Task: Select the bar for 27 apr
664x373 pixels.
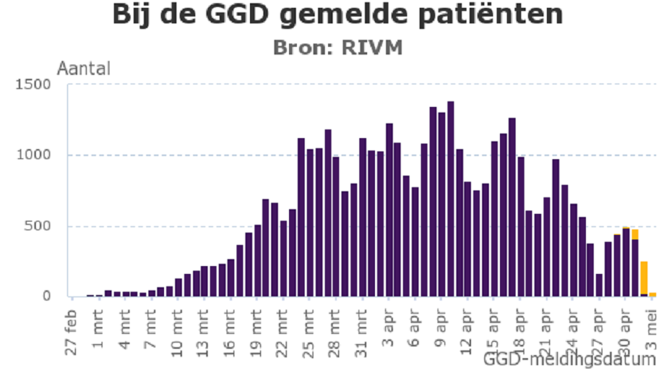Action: (599, 285)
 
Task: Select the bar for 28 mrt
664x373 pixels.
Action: (336, 226)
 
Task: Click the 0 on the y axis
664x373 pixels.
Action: (48, 297)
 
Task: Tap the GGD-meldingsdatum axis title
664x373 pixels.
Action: (569, 360)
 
